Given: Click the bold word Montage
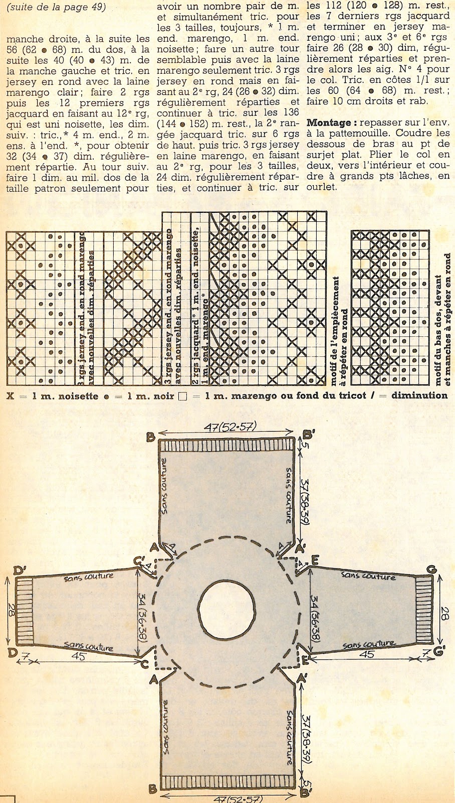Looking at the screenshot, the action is [x=329, y=122].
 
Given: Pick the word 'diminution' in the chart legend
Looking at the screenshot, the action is [x=422, y=395].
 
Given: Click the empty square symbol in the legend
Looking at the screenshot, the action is [x=182, y=395].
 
